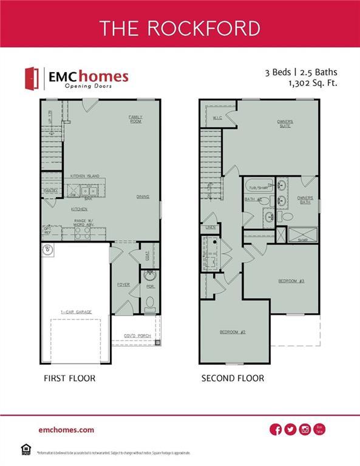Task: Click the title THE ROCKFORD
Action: click(x=180, y=28)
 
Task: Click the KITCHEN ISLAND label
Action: click(x=84, y=176)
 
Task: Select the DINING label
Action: click(x=143, y=197)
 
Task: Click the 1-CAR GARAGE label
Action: click(x=76, y=312)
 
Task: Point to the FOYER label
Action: click(x=123, y=284)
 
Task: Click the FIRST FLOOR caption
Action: click(x=69, y=378)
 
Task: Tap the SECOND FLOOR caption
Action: click(x=233, y=378)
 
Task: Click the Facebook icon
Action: click(x=276, y=430)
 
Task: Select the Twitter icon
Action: click(x=290, y=430)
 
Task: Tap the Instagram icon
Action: click(x=305, y=430)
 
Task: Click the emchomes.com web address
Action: click(x=66, y=430)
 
